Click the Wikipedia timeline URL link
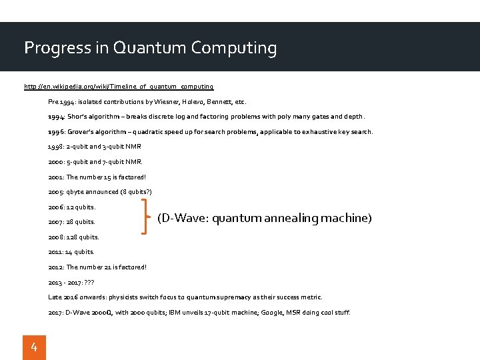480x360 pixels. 119,87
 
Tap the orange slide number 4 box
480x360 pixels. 35,347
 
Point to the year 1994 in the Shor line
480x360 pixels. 56,117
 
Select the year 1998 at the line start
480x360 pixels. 56,147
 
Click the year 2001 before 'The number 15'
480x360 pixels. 56,177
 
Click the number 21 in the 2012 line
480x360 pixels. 109,267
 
